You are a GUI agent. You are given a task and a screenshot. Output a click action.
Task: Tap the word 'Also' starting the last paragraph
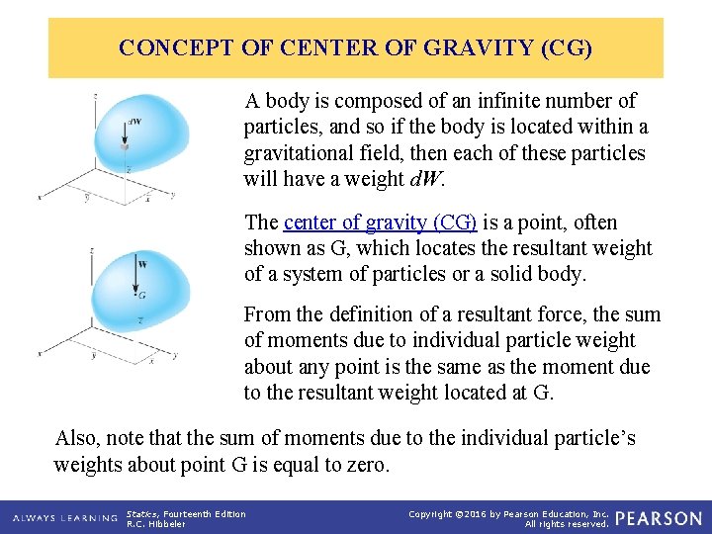(75, 438)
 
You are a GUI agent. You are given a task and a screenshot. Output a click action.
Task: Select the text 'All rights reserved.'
(566, 524)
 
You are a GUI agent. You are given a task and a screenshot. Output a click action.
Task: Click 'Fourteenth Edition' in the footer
(205, 513)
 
